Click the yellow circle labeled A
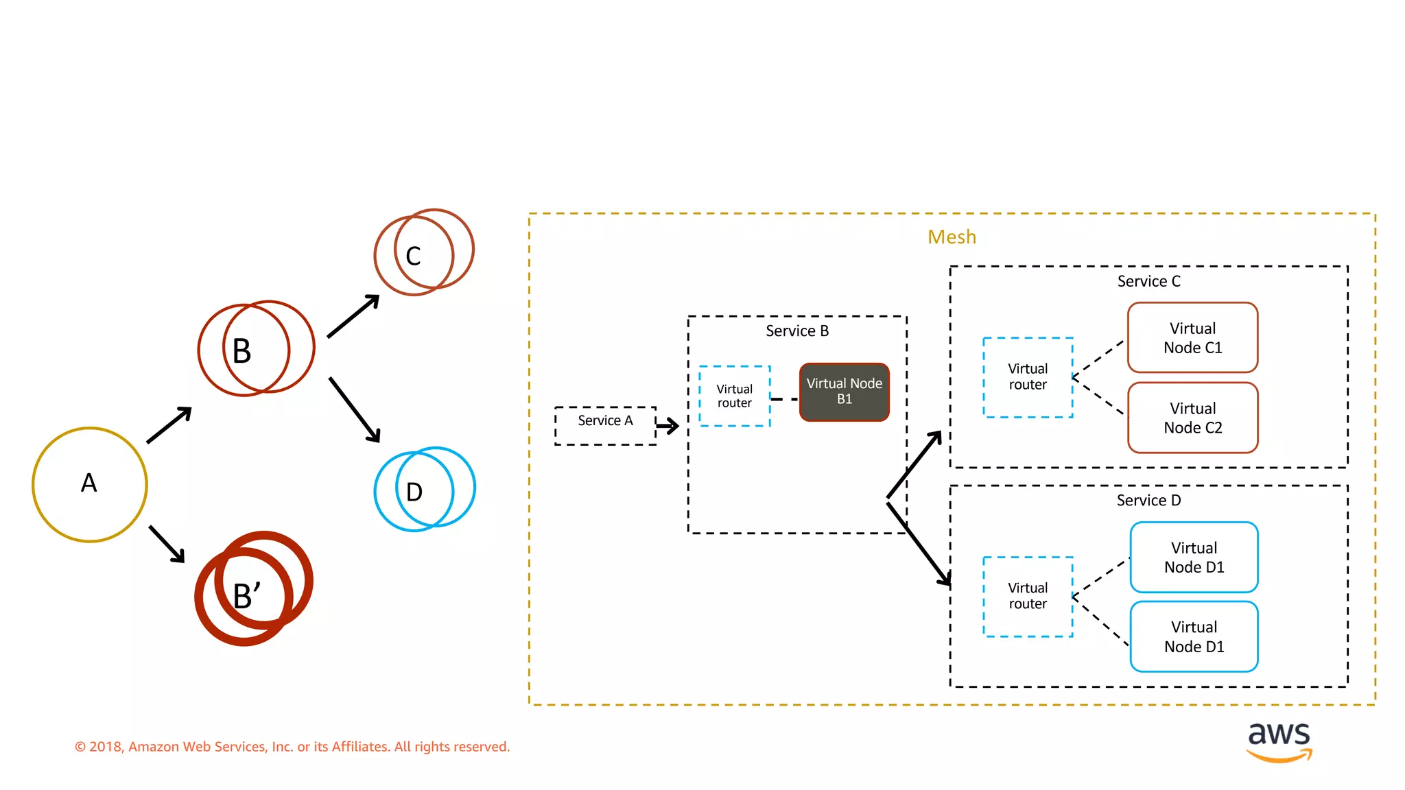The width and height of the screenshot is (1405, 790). point(89,484)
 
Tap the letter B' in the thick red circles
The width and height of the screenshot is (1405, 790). point(246,595)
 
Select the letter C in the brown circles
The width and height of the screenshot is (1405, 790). point(413,256)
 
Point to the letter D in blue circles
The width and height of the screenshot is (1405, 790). point(414,492)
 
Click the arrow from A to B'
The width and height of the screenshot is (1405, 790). point(167,544)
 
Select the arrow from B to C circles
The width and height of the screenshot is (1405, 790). point(353,316)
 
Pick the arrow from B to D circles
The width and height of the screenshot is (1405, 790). point(355,409)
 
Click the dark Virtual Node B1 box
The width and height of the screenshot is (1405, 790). point(844,392)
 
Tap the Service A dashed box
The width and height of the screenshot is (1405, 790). point(604,425)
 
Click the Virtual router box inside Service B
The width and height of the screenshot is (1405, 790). point(734,396)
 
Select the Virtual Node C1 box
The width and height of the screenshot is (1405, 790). point(1192,337)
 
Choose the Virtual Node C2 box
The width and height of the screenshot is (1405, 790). point(1192,418)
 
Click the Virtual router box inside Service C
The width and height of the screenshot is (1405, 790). point(1027,376)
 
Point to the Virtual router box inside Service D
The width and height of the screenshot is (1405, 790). point(1027,596)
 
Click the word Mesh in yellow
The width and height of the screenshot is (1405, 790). point(952,237)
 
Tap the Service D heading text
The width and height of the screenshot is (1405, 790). point(1148,501)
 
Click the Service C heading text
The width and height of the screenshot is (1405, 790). point(1148,281)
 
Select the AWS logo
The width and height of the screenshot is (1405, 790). point(1279,741)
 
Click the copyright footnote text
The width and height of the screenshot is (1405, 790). point(292,746)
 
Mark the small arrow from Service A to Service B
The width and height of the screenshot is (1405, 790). point(668,426)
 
